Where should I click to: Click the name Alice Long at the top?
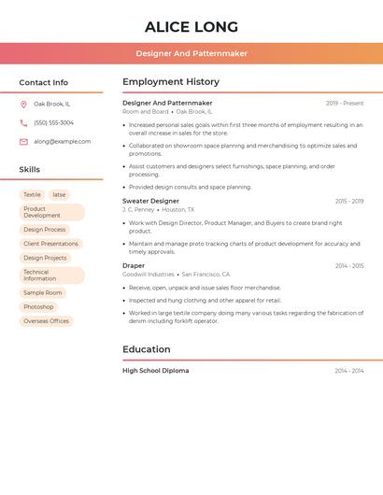click(191, 27)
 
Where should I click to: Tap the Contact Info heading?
click(43, 82)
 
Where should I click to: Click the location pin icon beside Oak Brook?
click(23, 105)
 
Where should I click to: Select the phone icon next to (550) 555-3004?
click(23, 123)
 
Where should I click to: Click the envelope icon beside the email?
click(23, 142)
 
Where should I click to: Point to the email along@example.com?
click(62, 142)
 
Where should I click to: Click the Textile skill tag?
click(32, 195)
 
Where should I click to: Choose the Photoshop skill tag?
click(38, 307)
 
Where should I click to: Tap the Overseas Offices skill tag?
click(47, 321)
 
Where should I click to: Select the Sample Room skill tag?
click(43, 293)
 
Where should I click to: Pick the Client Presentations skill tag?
click(50, 244)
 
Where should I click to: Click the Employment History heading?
click(171, 82)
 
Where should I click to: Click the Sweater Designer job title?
click(150, 201)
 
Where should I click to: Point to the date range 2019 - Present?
click(345, 104)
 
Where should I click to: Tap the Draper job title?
click(134, 266)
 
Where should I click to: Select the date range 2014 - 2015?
click(349, 266)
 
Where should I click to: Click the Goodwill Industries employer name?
click(148, 275)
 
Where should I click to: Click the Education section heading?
click(147, 349)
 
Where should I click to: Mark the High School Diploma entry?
click(155, 371)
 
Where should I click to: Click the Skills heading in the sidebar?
click(30, 170)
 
